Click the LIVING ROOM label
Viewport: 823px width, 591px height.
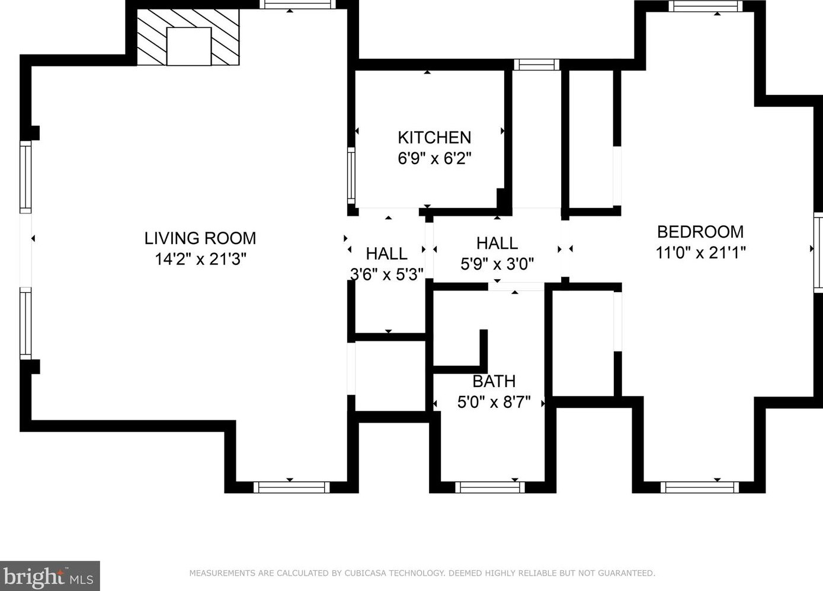[x=200, y=238]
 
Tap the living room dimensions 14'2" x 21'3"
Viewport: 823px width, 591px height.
[x=200, y=259]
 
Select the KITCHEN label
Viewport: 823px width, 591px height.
[x=434, y=138]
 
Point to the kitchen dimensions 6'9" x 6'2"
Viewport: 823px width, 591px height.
[x=434, y=158]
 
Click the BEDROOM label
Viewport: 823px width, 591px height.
[x=700, y=232]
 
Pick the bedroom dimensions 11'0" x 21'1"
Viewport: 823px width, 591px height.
[x=700, y=253]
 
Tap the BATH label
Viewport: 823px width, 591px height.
[x=494, y=381]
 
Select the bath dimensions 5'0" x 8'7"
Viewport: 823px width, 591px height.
[x=494, y=402]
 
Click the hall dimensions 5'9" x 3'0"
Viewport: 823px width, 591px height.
[x=497, y=264]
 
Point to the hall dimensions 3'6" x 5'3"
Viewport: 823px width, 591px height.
[x=387, y=274]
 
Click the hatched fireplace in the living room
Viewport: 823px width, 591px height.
[x=188, y=37]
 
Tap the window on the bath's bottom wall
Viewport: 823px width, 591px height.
[x=489, y=487]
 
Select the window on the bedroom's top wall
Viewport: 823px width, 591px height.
[x=705, y=6]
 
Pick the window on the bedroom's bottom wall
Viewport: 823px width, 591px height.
[x=700, y=487]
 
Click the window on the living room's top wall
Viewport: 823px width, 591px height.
[x=297, y=5]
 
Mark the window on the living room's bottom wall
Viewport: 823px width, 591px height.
[x=292, y=487]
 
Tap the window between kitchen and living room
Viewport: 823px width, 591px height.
[x=351, y=176]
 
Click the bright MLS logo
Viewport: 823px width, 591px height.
[x=50, y=576]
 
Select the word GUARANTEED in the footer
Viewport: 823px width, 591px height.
[x=626, y=573]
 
